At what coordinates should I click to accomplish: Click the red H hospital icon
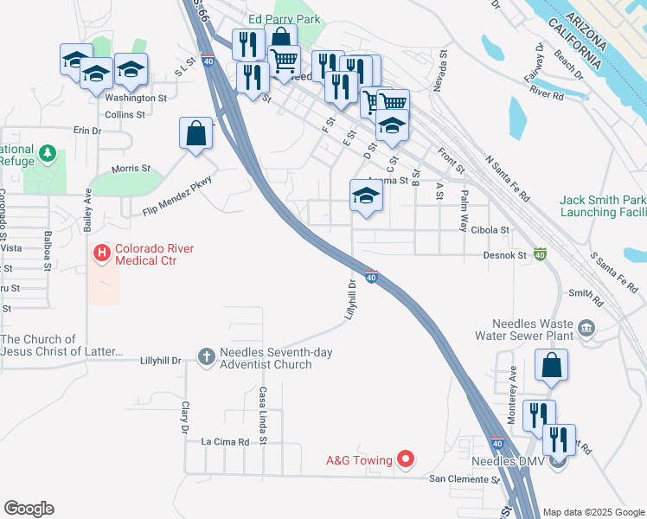[x=101, y=253]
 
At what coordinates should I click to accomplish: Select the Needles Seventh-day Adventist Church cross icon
[x=206, y=356]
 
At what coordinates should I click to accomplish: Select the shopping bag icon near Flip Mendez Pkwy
[x=196, y=133]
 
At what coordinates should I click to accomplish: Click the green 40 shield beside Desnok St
[x=540, y=254]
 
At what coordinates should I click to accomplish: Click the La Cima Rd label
[x=225, y=441]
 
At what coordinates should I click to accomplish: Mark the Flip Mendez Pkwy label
[x=177, y=195]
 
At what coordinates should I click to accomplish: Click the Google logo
[x=29, y=509]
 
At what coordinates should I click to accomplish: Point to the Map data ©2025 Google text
[x=593, y=512]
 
